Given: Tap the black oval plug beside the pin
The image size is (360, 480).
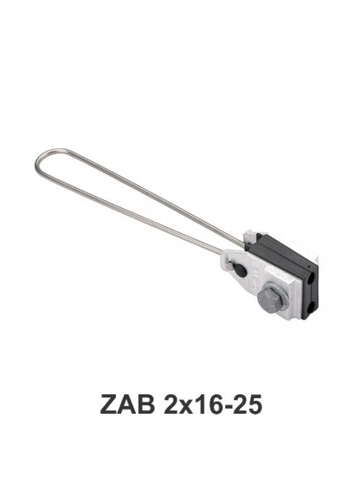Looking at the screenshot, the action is pyautogui.click(x=240, y=270).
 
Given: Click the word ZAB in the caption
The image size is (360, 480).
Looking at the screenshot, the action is pyautogui.click(x=127, y=404).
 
